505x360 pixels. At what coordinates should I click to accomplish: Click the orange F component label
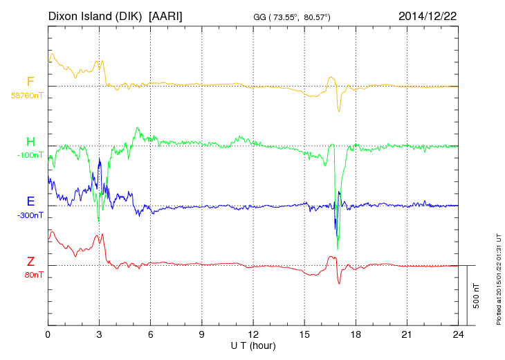[30, 82]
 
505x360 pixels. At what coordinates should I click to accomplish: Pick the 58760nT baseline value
[27, 96]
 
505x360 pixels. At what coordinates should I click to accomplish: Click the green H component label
[30, 142]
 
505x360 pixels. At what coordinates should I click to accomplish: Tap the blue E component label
[30, 201]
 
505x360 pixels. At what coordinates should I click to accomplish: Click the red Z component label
[30, 261]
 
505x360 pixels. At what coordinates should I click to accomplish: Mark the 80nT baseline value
[30, 275]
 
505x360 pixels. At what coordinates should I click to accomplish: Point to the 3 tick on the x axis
[99, 334]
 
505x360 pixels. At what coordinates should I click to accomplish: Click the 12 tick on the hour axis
[253, 334]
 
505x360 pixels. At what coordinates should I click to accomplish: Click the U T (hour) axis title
[253, 344]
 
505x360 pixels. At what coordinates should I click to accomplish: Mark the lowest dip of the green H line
[338, 249]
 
